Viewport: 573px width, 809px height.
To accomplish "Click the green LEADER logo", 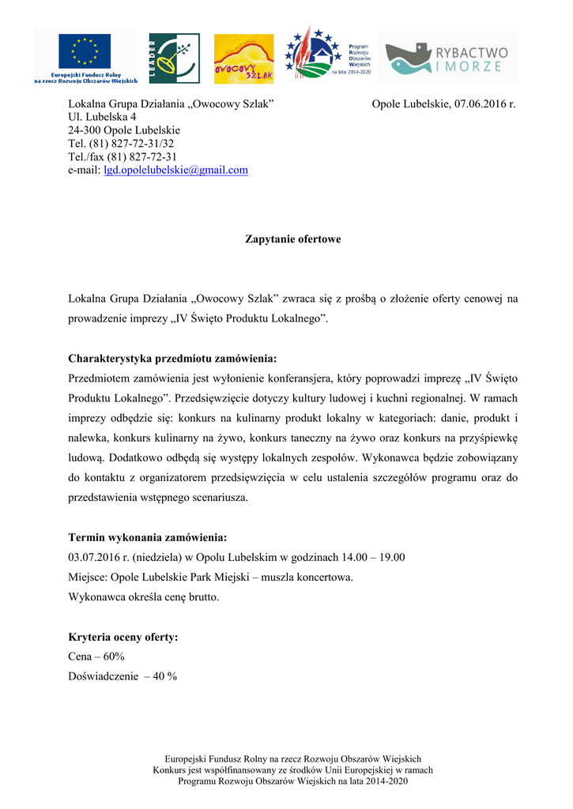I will click(x=168, y=58).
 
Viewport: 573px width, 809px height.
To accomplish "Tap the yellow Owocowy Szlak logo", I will click(x=243, y=58).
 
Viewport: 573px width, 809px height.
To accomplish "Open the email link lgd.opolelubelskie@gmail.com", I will click(x=175, y=170).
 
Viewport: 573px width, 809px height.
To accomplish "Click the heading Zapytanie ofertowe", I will click(x=292, y=239).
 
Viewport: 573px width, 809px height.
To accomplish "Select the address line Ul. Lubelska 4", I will click(x=102, y=117).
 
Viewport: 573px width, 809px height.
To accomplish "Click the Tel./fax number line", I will click(x=123, y=156).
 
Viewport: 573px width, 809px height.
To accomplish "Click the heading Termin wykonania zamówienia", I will click(x=147, y=537).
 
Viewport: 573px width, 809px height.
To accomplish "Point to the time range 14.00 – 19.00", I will click(x=373, y=557).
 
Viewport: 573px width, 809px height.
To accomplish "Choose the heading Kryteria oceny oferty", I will click(x=123, y=637).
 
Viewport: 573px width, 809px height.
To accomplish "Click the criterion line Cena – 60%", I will click(x=96, y=657).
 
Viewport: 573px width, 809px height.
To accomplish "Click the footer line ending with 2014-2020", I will click(x=292, y=781).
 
